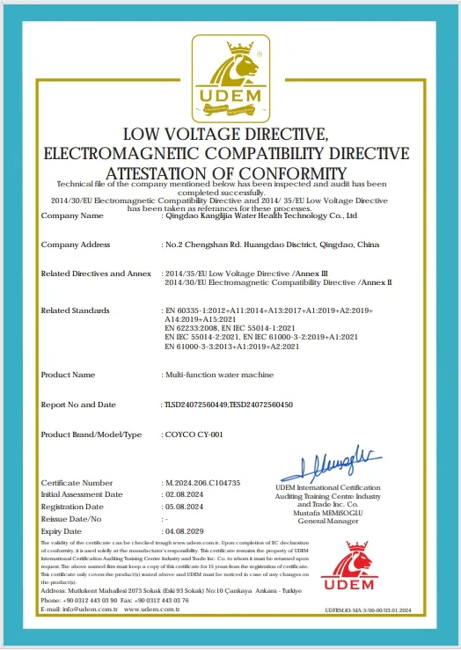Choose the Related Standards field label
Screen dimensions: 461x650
point(75,310)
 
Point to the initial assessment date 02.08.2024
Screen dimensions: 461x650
point(183,495)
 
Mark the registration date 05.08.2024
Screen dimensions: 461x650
point(183,508)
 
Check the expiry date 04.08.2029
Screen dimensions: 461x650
point(183,532)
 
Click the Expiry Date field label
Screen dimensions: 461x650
point(61,532)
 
